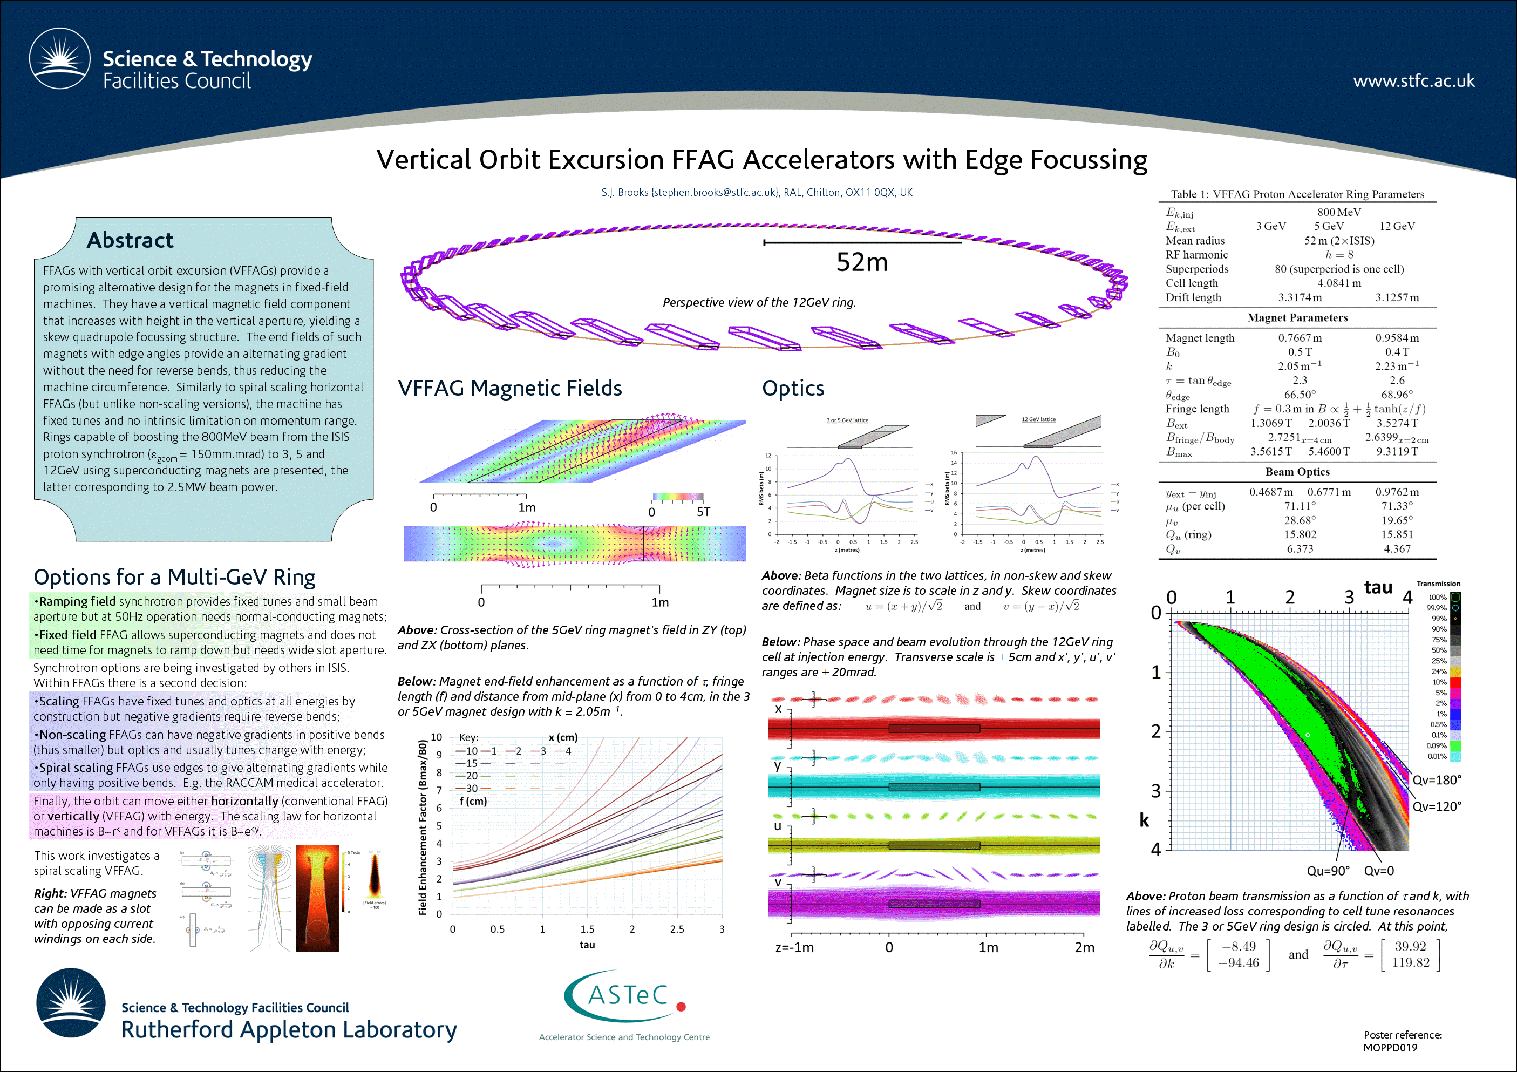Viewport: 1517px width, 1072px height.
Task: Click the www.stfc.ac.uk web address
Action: pos(1413,80)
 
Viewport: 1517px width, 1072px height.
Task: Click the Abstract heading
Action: pos(130,240)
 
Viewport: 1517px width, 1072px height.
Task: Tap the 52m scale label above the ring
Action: pos(861,262)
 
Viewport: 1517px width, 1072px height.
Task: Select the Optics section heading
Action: pos(793,388)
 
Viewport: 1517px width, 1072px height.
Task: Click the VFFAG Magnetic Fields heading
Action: pos(509,388)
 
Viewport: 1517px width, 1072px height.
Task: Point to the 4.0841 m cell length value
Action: pos(1338,283)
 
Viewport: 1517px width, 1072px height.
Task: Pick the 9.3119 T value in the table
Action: pos(1397,451)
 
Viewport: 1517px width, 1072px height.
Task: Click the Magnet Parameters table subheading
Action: pos(1297,318)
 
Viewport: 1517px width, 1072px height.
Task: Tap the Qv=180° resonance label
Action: pos(1437,780)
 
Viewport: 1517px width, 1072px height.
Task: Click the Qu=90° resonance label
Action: pos(1328,871)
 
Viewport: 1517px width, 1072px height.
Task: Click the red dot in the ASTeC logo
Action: pos(681,1007)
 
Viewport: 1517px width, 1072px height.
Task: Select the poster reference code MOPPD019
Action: pos(1390,1048)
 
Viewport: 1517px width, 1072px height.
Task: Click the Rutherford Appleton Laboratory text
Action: pos(289,1030)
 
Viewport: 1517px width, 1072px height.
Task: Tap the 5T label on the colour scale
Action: pos(703,512)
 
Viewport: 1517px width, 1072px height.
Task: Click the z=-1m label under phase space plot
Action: pos(794,947)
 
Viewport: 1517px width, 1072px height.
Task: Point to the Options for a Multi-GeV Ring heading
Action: pos(174,577)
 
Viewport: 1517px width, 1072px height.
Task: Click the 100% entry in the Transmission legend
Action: pos(1437,598)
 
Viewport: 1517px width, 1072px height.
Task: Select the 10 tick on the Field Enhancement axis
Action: pos(436,737)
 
